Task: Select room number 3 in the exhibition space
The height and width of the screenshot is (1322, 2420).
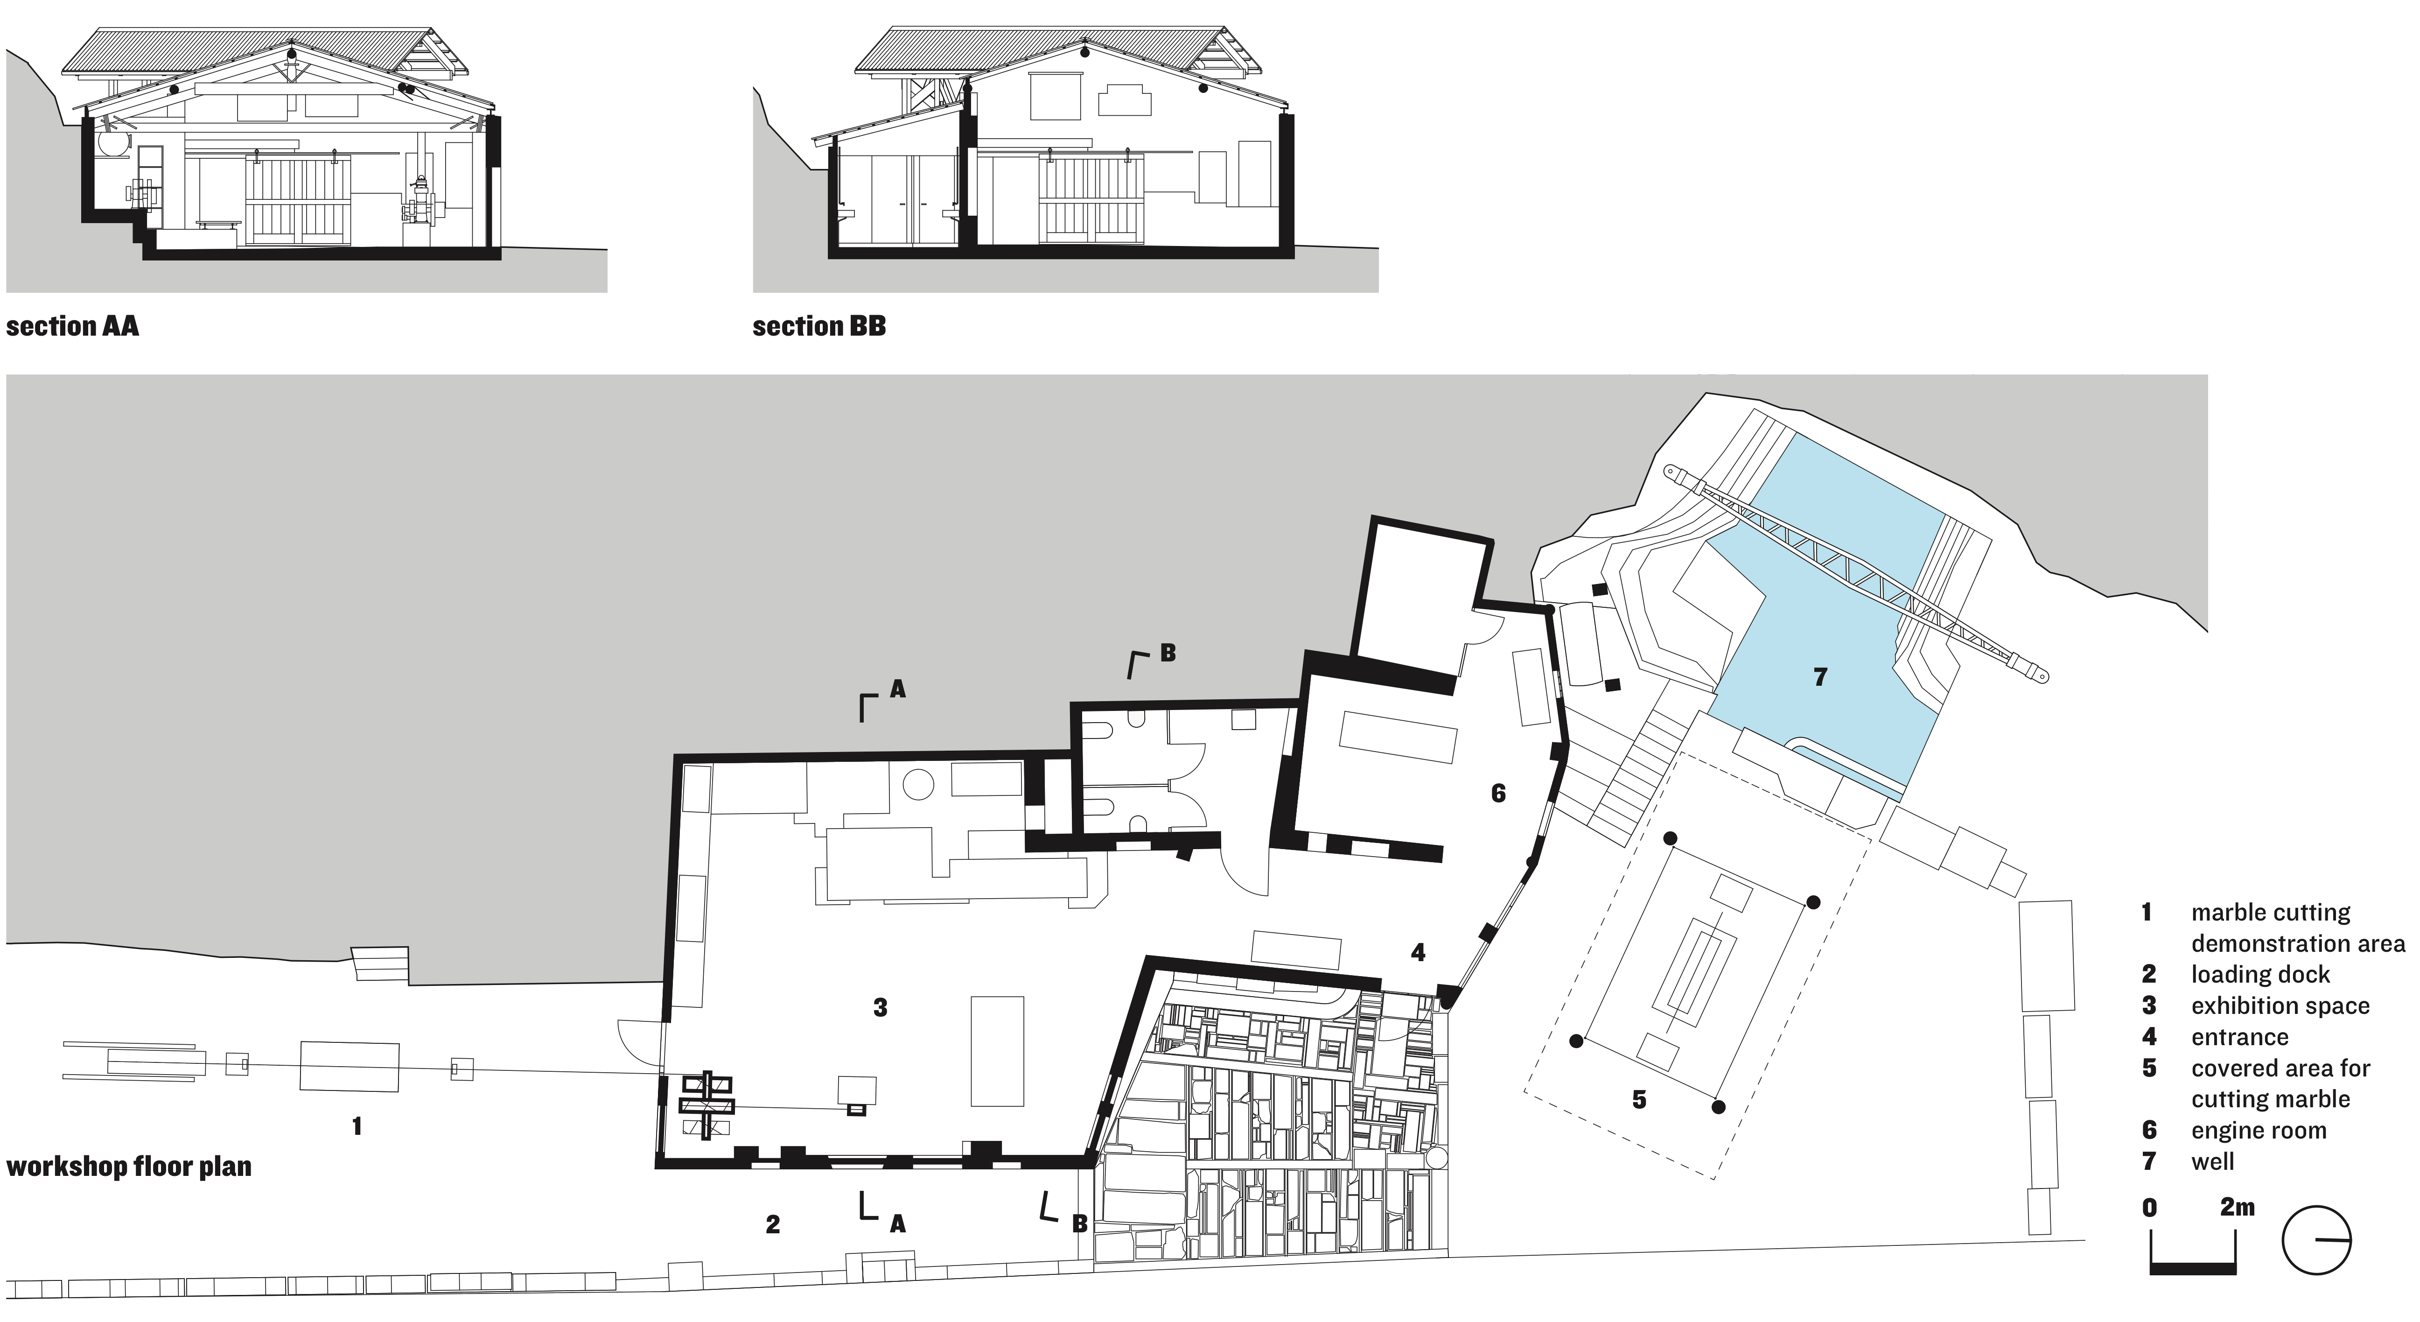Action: click(880, 1007)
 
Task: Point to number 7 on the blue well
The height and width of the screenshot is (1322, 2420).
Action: click(1820, 676)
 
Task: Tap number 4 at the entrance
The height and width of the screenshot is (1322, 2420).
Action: click(1418, 953)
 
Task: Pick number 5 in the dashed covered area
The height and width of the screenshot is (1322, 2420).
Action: click(1639, 1099)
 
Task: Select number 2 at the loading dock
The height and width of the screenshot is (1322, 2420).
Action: click(772, 1224)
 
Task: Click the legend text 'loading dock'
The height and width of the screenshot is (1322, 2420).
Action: click(2260, 974)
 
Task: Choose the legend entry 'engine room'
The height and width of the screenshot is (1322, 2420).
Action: click(2259, 1130)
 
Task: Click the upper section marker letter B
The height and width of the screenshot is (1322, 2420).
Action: click(1168, 653)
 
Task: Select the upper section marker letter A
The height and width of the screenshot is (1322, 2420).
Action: click(897, 689)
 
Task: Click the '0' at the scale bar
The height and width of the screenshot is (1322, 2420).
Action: click(2149, 1207)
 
